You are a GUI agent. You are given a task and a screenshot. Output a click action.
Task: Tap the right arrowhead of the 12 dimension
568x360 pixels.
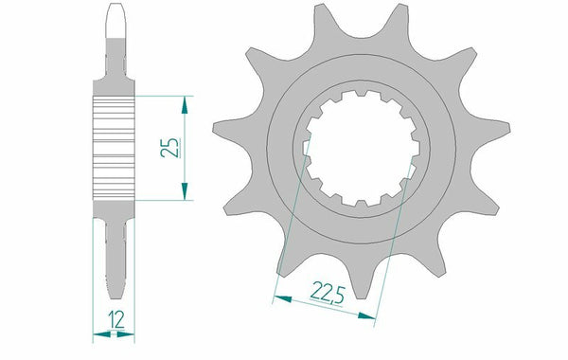tap(131, 334)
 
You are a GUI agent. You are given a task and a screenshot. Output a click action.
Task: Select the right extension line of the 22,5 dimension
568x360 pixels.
tap(398, 237)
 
